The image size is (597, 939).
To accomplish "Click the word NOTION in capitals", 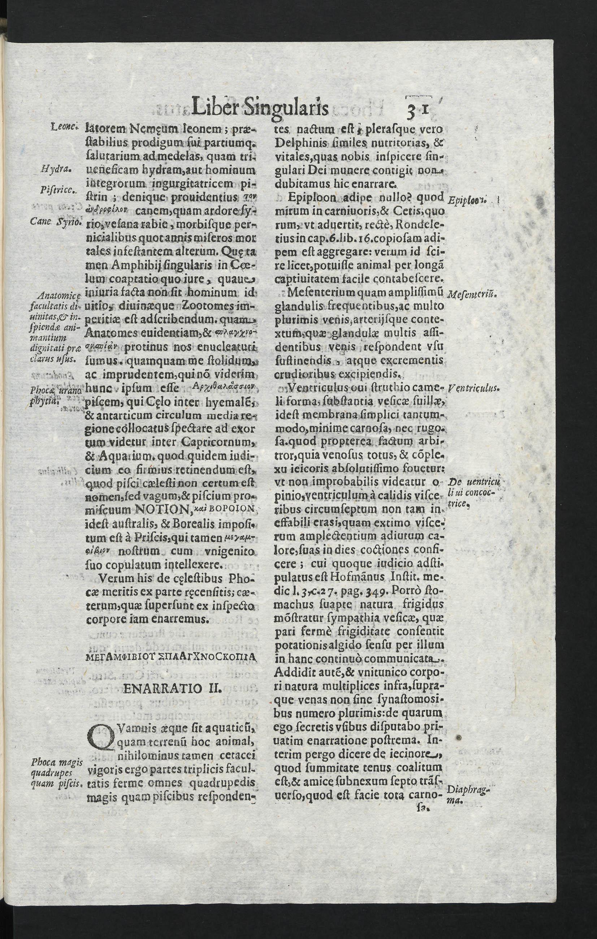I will [161, 509].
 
